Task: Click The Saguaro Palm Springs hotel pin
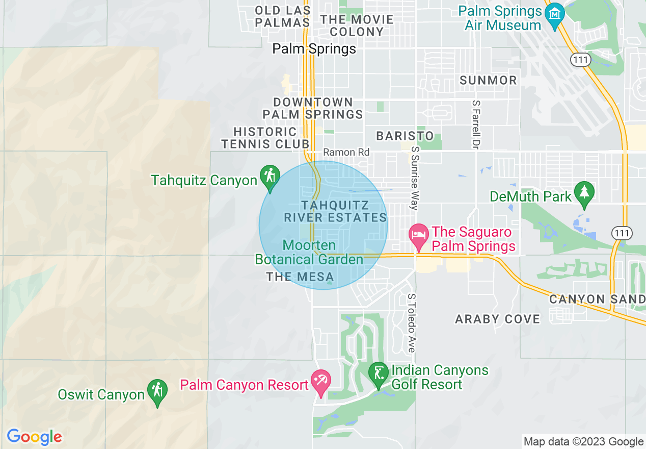pyautogui.click(x=419, y=235)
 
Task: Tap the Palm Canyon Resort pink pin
pyautogui.click(x=321, y=382)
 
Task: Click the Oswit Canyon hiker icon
pyautogui.click(x=157, y=391)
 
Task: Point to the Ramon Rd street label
pyautogui.click(x=346, y=153)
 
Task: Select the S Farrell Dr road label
pyautogui.click(x=476, y=121)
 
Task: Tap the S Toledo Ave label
pyautogui.click(x=411, y=322)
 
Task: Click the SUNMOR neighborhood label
pyautogui.click(x=488, y=80)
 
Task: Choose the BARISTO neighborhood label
pyautogui.click(x=405, y=136)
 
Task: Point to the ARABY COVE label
pyautogui.click(x=497, y=319)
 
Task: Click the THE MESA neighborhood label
pyautogui.click(x=293, y=277)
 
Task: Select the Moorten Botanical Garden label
pyautogui.click(x=309, y=253)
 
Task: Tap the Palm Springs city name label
pyautogui.click(x=314, y=49)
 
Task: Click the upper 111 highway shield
pyautogui.click(x=580, y=60)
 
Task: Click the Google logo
pyautogui.click(x=34, y=437)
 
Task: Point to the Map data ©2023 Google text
pyautogui.click(x=583, y=441)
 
